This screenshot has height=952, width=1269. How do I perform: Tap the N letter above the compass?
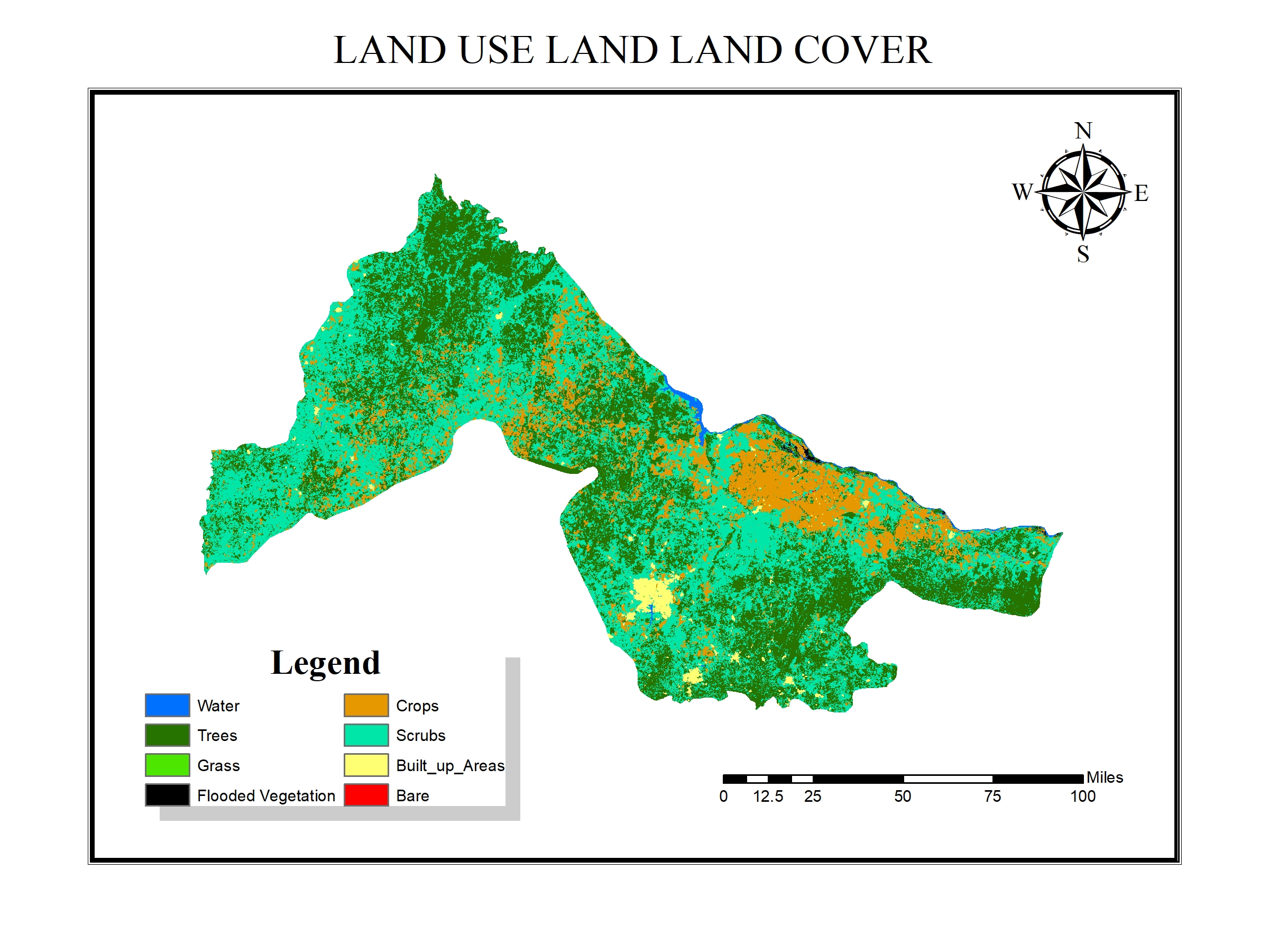click(1082, 131)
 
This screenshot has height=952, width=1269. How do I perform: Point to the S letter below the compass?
click(1082, 254)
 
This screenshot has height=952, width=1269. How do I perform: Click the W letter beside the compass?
click(1022, 191)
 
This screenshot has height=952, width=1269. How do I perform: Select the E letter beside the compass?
click(1141, 193)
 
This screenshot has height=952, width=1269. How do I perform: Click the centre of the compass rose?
click(1082, 191)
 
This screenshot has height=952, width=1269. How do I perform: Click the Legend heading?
click(325, 663)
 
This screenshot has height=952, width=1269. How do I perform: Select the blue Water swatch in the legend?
click(167, 705)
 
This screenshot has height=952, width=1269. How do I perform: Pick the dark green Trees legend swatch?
click(167, 735)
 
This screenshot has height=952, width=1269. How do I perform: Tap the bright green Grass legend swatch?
click(167, 765)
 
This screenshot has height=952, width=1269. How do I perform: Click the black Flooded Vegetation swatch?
click(167, 795)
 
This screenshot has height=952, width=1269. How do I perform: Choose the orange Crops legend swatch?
click(366, 705)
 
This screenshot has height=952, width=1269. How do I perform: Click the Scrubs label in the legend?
click(420, 736)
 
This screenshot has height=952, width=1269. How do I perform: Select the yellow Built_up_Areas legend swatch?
click(366, 765)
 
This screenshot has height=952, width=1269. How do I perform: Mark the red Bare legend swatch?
click(366, 795)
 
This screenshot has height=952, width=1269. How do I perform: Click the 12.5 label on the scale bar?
click(768, 797)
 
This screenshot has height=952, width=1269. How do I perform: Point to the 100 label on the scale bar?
click(1082, 797)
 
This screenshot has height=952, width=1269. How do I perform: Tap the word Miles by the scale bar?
click(1105, 777)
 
